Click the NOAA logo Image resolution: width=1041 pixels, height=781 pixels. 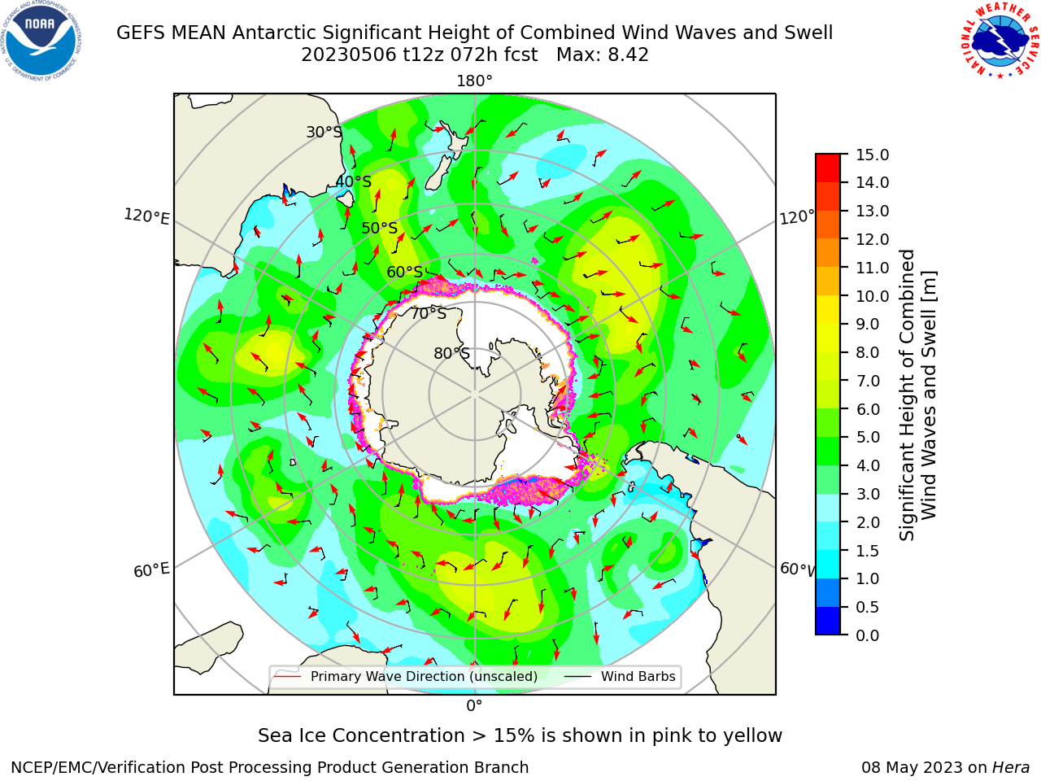(x=41, y=41)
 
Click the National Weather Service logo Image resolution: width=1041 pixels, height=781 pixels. (x=1000, y=41)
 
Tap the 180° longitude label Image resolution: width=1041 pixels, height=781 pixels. (x=474, y=81)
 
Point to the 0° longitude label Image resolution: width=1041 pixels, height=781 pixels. (x=474, y=706)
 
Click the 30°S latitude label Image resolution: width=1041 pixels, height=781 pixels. (x=324, y=132)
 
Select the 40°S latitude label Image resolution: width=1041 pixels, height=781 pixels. (x=354, y=181)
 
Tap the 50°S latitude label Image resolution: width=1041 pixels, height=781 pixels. (x=380, y=228)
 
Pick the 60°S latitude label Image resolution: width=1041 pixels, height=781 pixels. (x=404, y=273)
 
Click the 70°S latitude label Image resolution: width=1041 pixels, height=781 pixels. (x=429, y=314)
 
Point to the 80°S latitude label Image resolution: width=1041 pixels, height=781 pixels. (x=452, y=353)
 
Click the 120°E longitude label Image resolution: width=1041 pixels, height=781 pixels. (x=146, y=216)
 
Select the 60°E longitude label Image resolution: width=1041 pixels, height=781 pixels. (x=151, y=569)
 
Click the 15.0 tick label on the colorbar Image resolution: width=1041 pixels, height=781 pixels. (x=872, y=155)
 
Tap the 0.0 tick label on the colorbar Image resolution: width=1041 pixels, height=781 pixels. (x=868, y=635)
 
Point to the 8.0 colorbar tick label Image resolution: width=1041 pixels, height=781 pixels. (x=868, y=353)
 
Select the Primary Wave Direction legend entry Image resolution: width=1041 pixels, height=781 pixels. (x=406, y=676)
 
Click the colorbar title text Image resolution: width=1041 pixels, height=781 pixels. (x=917, y=395)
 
